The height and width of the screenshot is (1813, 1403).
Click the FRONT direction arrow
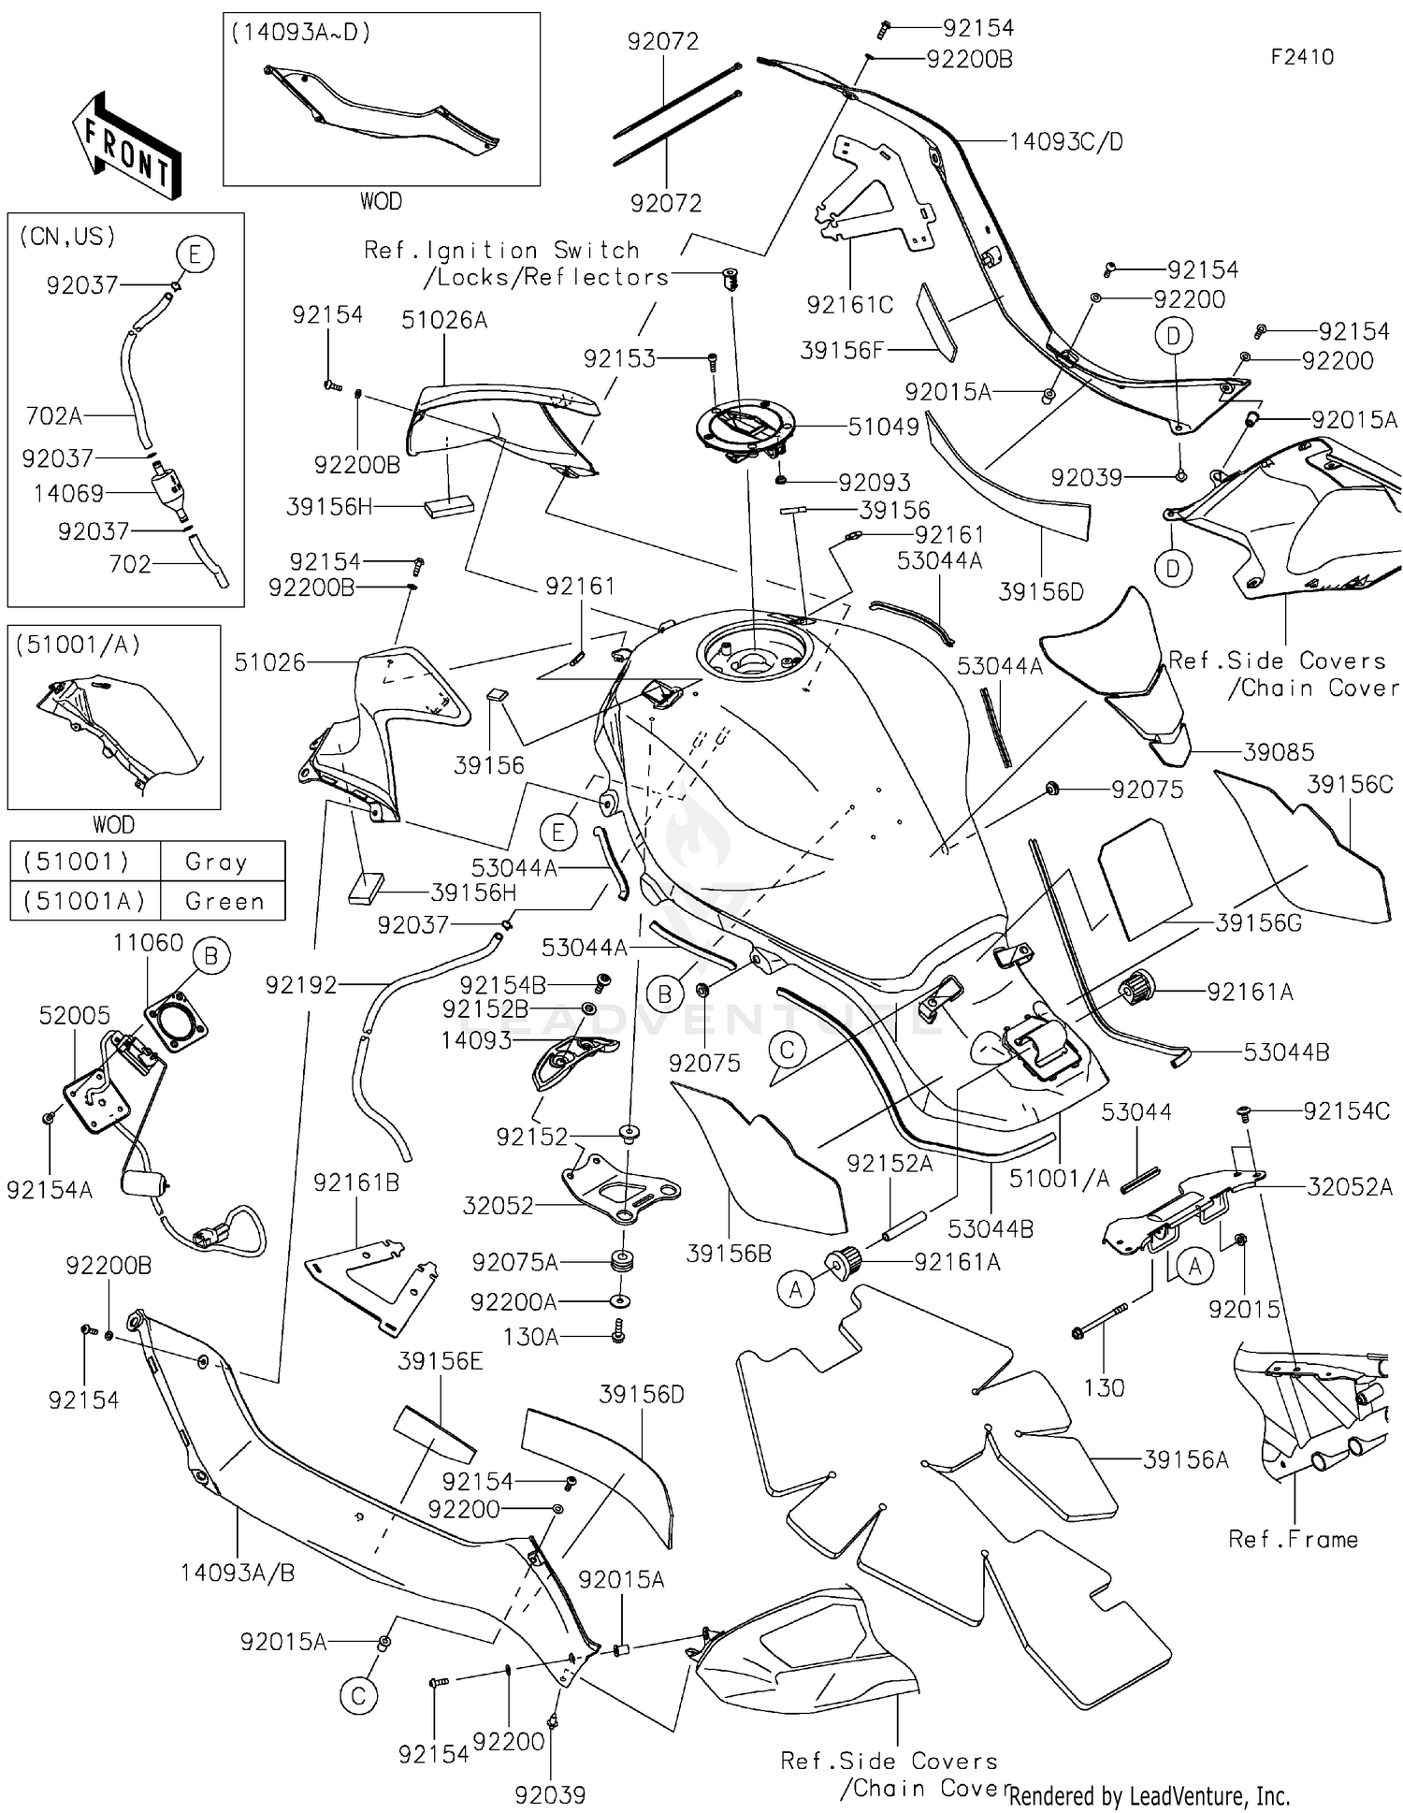tap(126, 145)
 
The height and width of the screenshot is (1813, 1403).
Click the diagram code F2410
tap(1301, 57)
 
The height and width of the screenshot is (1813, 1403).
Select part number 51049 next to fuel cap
tap(883, 427)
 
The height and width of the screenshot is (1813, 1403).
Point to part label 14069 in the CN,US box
tap(68, 493)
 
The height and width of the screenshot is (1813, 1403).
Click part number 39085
tap(1278, 751)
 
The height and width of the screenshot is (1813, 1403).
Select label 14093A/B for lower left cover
tap(238, 1573)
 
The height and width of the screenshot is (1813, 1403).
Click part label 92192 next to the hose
tap(300, 984)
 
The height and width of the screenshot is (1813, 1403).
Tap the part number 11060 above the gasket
tap(148, 942)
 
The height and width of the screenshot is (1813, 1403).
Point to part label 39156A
tap(1185, 1459)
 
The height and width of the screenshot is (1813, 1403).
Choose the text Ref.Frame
tap(1292, 1539)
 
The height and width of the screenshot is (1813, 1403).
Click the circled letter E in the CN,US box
tap(195, 254)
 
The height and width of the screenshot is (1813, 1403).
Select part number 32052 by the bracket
tap(498, 1205)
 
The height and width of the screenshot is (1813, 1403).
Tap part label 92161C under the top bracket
tap(849, 305)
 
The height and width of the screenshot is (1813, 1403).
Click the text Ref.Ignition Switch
tap(501, 251)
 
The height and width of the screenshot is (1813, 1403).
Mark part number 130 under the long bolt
tap(1103, 1387)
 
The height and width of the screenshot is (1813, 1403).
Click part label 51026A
tap(444, 320)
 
